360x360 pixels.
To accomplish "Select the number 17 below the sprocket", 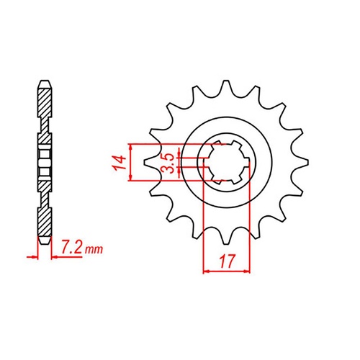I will [227, 261].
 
